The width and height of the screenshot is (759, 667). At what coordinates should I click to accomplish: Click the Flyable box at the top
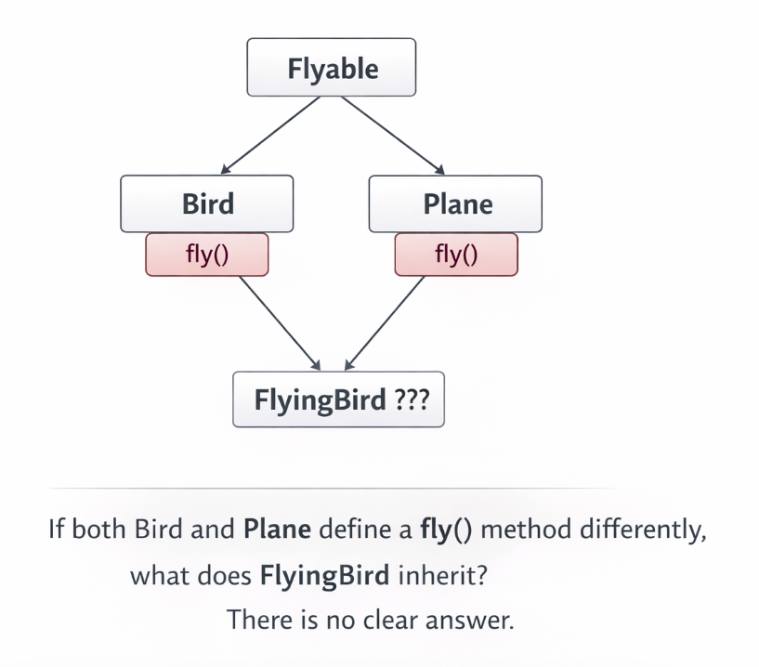331,67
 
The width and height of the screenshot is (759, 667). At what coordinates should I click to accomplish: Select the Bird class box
206,203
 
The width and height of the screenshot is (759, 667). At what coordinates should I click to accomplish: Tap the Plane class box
455,203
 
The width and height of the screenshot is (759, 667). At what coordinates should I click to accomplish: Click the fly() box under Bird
206,255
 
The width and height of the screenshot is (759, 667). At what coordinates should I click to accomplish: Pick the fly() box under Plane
456,255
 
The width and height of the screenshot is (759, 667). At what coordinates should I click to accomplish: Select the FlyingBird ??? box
337,400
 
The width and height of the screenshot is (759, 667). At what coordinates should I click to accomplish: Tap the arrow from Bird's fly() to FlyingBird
278,321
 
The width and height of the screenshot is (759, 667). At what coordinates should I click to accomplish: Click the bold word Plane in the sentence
277,532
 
